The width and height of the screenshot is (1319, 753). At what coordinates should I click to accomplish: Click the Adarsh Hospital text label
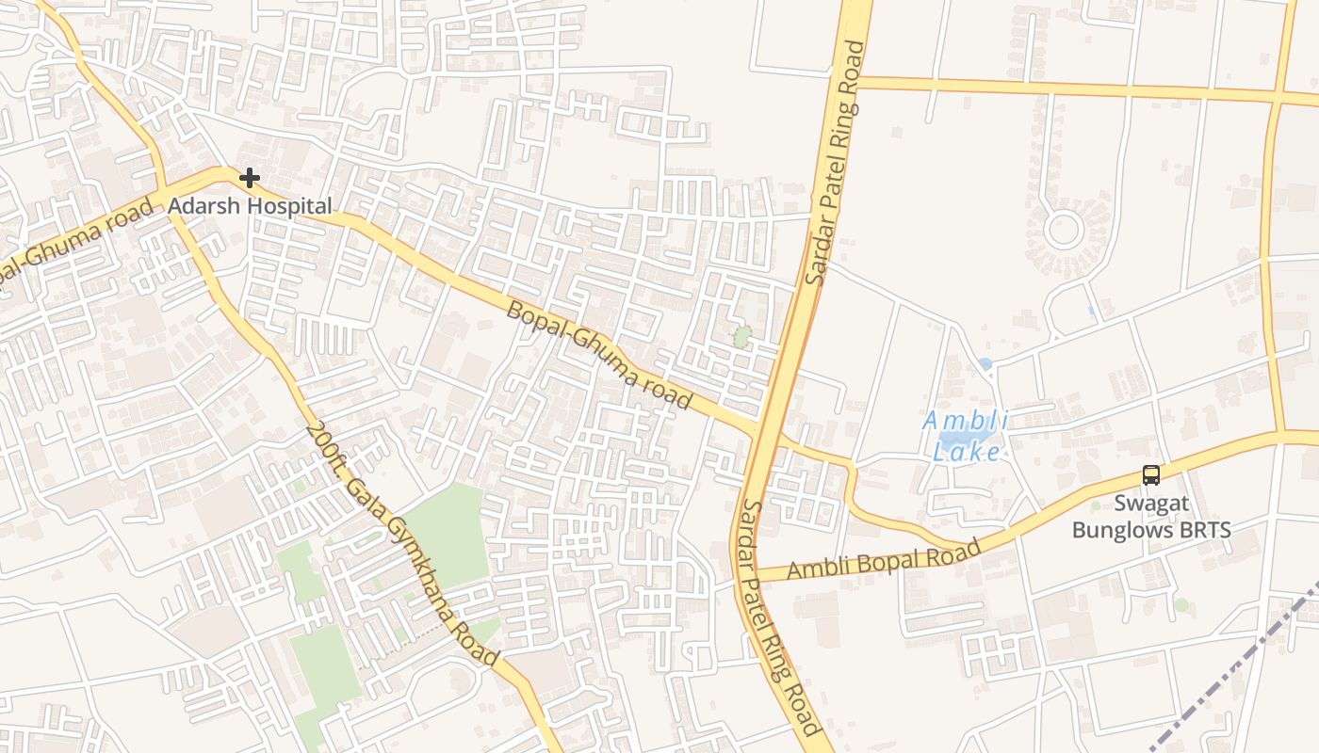pos(250,205)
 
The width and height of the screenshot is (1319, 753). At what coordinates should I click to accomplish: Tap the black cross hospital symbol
pos(249,177)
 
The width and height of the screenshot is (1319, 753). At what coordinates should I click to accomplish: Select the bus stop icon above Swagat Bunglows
pos(1150,474)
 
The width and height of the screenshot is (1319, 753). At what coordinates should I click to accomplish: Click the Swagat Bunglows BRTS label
pos(1151,517)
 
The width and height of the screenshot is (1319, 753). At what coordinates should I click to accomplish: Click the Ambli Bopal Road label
pos(884,559)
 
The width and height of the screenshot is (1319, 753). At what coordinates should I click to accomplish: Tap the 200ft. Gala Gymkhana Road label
pos(401,545)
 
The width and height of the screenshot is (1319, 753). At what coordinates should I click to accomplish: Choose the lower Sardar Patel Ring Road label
pos(779,617)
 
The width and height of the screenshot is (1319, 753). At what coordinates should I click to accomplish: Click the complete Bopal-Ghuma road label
pos(599,354)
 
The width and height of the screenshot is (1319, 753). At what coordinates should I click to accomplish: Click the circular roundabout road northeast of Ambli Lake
pos(1064,229)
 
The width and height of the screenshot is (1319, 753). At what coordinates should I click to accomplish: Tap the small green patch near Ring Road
pos(742,336)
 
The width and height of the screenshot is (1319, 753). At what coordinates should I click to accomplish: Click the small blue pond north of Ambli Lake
pos(985,363)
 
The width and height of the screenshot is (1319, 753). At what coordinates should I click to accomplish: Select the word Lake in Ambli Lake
pos(967,452)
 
